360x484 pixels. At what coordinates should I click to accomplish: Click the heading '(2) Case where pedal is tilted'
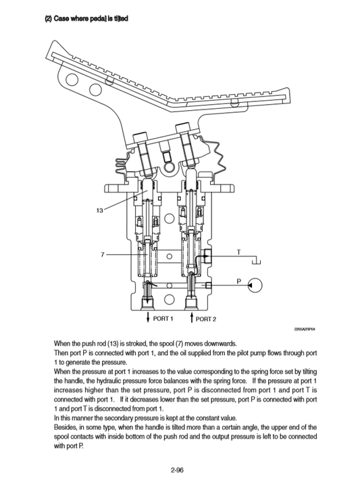click(86, 18)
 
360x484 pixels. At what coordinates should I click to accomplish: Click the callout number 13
click(99, 211)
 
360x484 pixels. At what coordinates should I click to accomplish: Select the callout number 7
click(102, 254)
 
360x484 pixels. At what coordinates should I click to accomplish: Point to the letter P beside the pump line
click(238, 280)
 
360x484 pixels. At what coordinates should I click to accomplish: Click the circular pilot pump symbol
click(255, 287)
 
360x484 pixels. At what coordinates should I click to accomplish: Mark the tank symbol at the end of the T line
click(257, 261)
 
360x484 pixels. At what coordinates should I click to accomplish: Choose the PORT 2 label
click(205, 318)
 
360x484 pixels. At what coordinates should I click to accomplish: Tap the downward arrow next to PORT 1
click(148, 317)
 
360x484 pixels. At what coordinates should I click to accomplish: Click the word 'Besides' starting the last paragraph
click(66, 428)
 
